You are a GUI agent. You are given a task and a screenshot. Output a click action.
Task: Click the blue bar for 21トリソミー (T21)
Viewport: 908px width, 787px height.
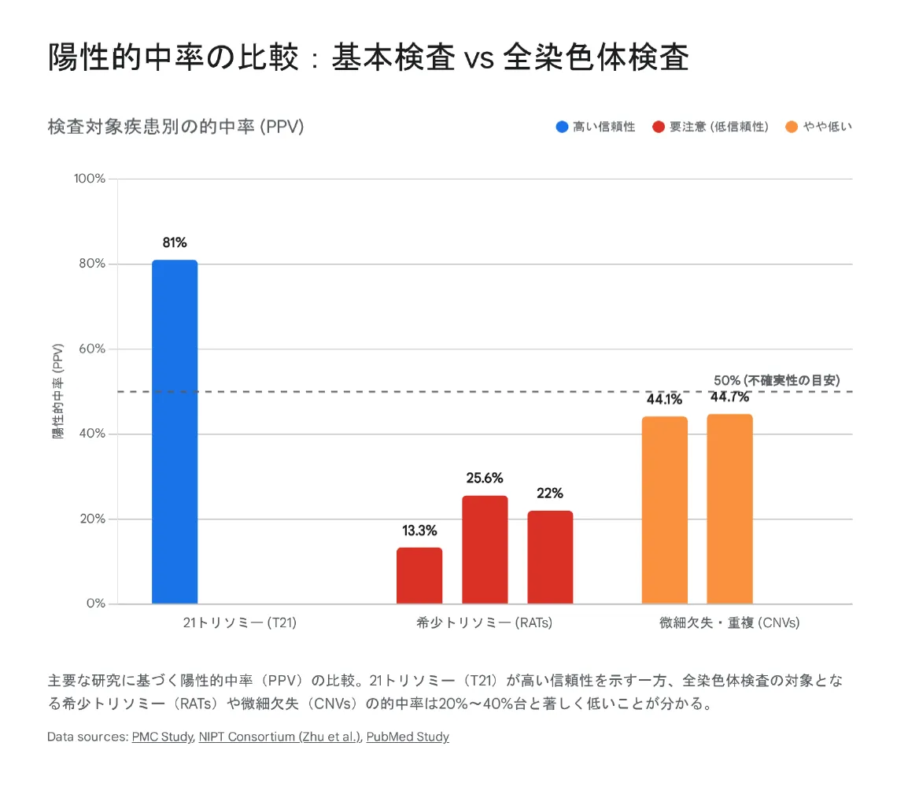(x=175, y=432)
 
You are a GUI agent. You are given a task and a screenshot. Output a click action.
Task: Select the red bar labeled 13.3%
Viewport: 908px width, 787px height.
(x=419, y=576)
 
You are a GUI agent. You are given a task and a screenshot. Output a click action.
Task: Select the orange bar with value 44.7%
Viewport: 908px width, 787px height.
(x=729, y=509)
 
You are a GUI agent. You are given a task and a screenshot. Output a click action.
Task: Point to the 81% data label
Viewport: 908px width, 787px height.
(x=175, y=242)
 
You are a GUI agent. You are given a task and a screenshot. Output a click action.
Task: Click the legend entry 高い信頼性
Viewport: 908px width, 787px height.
(x=596, y=127)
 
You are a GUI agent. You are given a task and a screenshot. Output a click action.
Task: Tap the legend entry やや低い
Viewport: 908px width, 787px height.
(x=819, y=127)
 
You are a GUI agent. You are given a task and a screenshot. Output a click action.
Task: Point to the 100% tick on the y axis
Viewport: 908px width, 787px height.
(x=90, y=179)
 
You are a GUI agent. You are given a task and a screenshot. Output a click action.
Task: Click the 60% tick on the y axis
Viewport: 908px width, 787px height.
(x=93, y=349)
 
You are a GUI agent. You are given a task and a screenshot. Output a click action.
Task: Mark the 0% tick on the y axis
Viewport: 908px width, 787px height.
(x=96, y=604)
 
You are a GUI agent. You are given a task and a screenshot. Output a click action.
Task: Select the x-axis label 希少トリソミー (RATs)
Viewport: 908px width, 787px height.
(x=485, y=623)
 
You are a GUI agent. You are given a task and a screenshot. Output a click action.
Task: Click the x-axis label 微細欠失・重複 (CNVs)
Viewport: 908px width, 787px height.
(x=729, y=623)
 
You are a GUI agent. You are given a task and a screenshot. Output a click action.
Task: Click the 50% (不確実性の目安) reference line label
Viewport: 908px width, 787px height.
(x=776, y=380)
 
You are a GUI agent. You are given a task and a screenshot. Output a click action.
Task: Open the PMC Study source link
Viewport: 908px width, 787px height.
(x=162, y=737)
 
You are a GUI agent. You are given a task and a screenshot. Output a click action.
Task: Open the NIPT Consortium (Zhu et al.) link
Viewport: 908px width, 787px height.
(x=280, y=737)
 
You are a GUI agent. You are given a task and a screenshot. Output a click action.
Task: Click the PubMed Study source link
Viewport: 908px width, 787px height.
(x=408, y=737)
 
